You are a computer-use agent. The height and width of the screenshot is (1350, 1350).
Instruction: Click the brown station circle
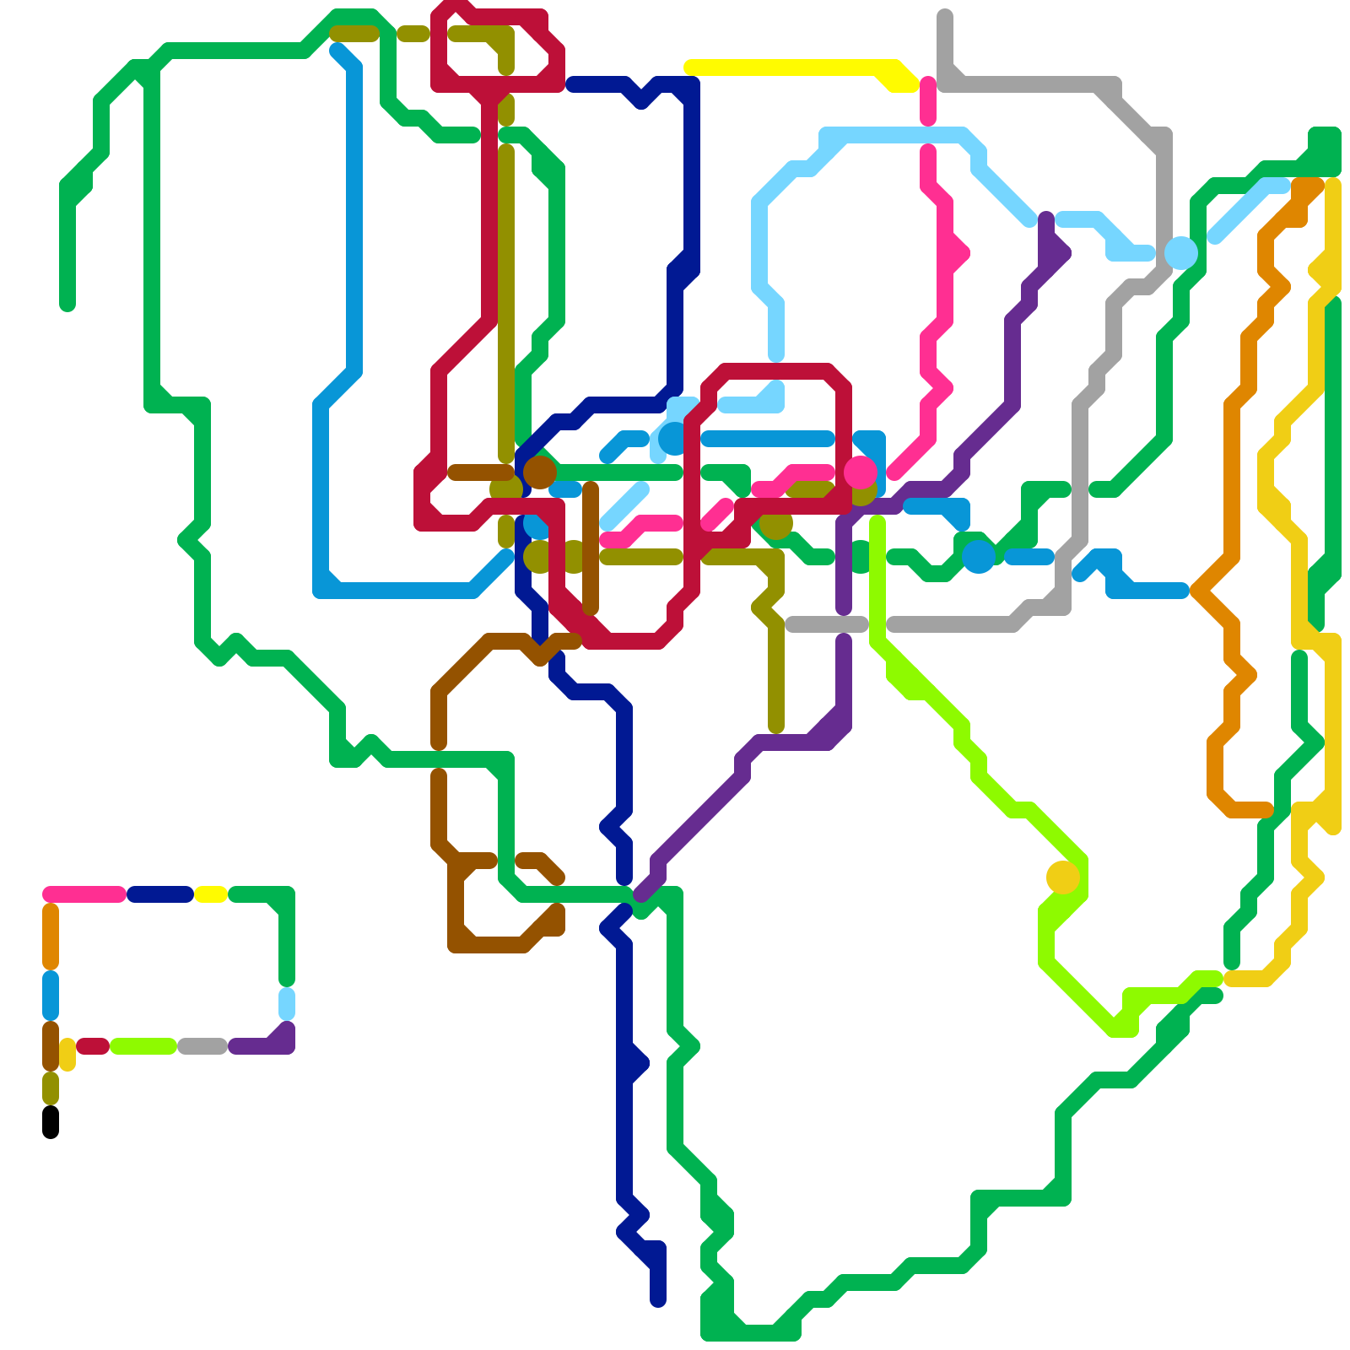540,472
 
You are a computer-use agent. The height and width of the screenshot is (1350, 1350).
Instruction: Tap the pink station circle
861,472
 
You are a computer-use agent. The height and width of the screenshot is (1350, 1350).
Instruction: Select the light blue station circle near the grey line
1181,252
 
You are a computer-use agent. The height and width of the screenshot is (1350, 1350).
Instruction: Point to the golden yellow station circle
1063,877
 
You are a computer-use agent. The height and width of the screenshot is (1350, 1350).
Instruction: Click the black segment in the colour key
51,1122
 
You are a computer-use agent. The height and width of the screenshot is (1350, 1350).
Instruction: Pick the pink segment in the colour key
84,894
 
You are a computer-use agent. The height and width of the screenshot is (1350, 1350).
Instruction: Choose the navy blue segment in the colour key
160,894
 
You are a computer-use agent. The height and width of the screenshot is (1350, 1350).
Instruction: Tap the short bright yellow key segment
211,894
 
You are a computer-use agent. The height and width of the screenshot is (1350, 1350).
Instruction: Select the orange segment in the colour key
51,937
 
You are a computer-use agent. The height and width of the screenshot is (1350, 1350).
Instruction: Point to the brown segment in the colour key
51,1046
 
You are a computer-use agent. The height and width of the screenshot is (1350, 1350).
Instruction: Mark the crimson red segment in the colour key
93,1046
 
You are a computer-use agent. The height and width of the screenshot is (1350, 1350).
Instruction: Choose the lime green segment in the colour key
143,1046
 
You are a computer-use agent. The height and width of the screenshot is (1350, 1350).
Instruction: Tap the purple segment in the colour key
262,1046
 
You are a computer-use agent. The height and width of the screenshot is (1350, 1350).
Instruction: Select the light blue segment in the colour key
287,1004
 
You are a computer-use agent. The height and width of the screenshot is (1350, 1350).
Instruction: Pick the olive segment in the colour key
51,1088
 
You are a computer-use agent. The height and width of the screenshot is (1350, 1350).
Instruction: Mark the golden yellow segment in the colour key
67,1055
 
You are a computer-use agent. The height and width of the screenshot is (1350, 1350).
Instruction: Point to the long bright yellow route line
793,67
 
